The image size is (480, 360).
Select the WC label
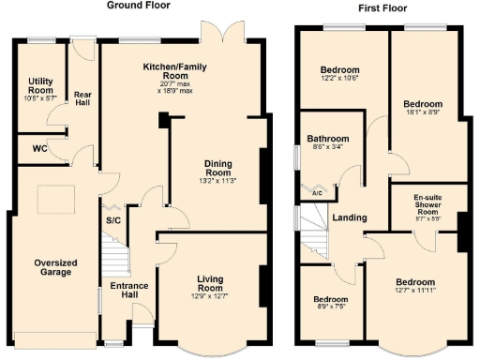(39, 148)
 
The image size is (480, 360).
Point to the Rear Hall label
(83, 97)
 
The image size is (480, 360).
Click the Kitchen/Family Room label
(174, 72)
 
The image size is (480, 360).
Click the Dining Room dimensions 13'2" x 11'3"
(218, 181)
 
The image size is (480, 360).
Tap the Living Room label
(214, 284)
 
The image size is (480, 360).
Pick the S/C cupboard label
(112, 221)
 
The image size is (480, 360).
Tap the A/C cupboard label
(316, 194)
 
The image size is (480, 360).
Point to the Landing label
(350, 218)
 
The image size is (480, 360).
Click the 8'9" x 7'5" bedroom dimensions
(330, 307)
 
